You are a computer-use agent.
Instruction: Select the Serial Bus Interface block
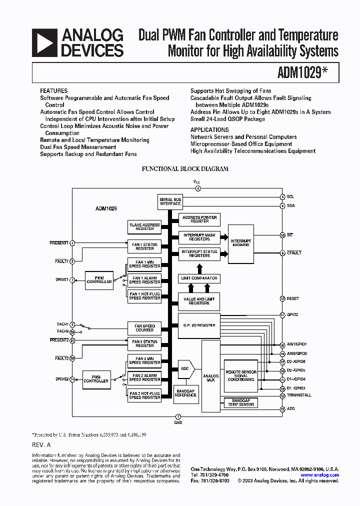[170, 201]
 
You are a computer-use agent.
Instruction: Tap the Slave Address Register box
[144, 226]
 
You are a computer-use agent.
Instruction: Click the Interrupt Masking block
[241, 243]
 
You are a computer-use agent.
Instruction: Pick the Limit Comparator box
[199, 278]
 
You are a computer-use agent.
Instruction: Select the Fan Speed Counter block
[144, 328]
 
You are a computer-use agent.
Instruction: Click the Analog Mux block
[210, 378]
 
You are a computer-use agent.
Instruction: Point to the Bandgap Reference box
[185, 393]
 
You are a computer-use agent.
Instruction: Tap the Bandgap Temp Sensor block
[241, 402]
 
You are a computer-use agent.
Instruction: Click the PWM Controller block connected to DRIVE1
[99, 280]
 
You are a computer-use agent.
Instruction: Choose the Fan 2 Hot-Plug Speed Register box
[144, 395]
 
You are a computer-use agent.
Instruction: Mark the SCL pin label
[290, 196]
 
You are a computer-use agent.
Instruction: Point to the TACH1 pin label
[62, 324]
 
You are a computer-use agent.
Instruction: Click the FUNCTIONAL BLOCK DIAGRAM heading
[185, 169]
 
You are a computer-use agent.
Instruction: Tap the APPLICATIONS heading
[209, 129]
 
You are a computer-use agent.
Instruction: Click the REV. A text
[41, 444]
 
